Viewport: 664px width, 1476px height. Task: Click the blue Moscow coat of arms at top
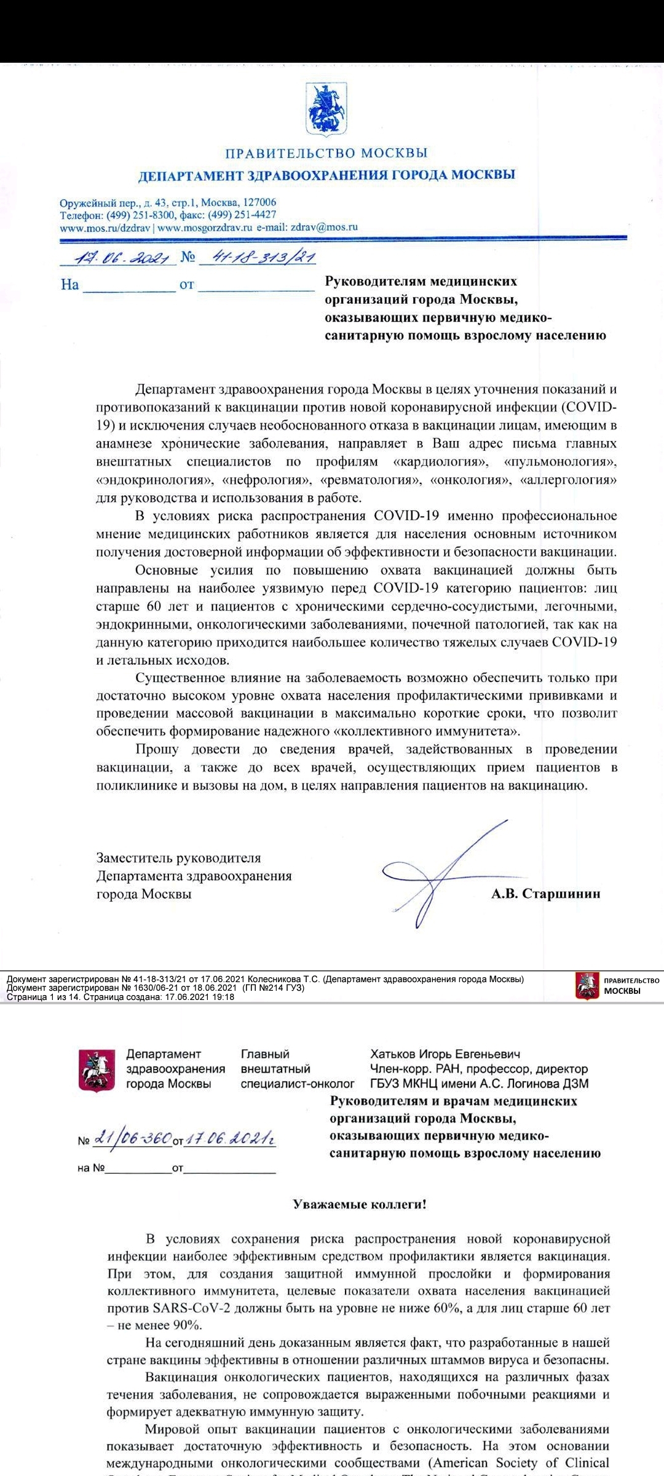click(326, 110)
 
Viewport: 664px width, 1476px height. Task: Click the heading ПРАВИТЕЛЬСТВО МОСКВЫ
click(326, 153)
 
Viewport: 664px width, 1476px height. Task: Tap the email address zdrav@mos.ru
click(324, 226)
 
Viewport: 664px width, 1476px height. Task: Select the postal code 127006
click(259, 202)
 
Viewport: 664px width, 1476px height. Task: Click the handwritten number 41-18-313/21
click(263, 256)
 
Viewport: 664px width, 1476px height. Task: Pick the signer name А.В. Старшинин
click(545, 894)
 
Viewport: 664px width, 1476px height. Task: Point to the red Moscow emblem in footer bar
click(587, 985)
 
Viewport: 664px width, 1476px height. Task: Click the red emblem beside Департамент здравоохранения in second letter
click(97, 1069)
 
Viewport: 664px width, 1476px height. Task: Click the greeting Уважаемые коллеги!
click(359, 1204)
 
